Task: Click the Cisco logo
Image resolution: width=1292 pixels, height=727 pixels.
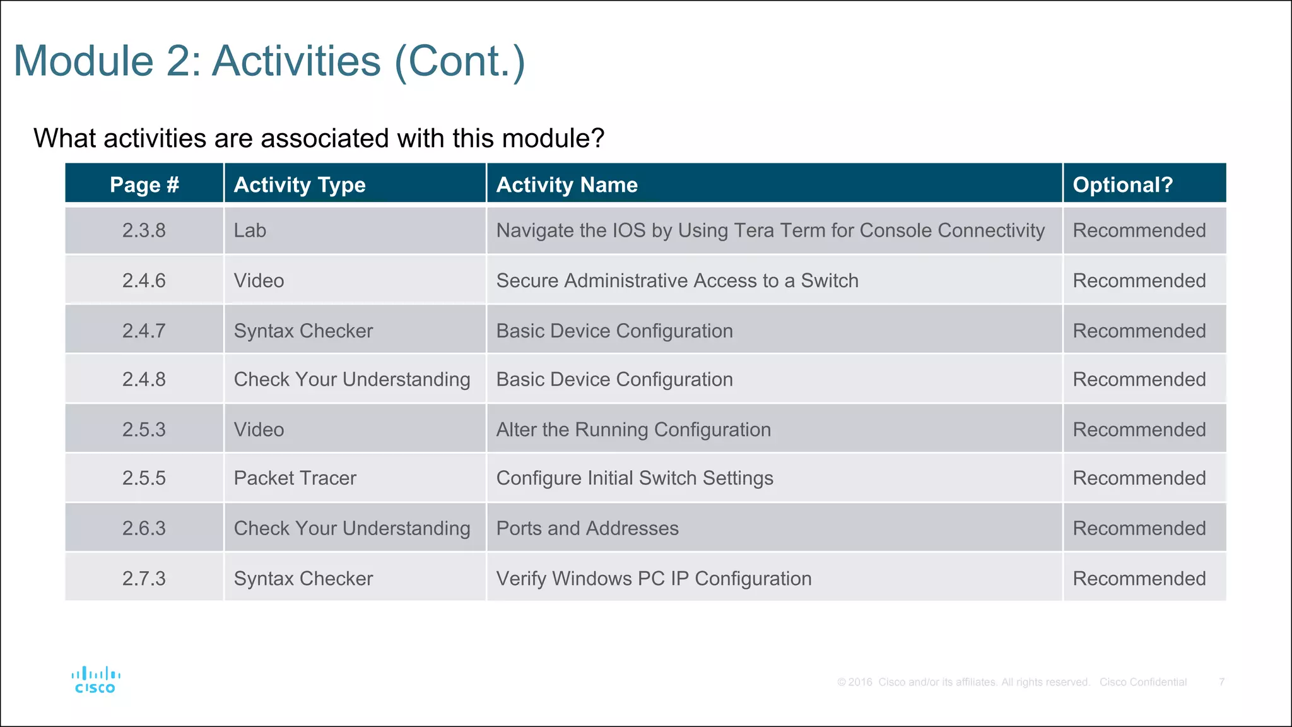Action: (x=95, y=680)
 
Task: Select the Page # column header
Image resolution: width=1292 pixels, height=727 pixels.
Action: (x=144, y=184)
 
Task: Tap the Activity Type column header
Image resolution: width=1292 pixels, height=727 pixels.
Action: (x=300, y=184)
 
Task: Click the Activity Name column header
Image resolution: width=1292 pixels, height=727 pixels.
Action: (x=567, y=184)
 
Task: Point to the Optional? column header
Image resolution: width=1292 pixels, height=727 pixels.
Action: (x=1122, y=184)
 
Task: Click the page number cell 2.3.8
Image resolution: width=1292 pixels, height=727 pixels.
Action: (x=144, y=230)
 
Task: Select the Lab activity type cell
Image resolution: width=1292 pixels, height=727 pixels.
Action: (x=250, y=230)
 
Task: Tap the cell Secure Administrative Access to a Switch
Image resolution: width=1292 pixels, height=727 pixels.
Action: (x=677, y=280)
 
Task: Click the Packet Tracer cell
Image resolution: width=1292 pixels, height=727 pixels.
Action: (x=295, y=478)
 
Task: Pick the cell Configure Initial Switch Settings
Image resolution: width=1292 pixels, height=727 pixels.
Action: (x=635, y=478)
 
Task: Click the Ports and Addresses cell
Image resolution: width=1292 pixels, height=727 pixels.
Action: (x=587, y=528)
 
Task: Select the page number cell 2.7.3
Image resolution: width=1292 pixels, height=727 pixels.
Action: (x=144, y=578)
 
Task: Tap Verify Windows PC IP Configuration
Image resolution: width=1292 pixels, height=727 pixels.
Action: (x=654, y=578)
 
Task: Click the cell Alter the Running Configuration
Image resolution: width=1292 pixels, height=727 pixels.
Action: (x=633, y=429)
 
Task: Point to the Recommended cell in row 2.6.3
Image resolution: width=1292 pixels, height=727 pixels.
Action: (x=1139, y=528)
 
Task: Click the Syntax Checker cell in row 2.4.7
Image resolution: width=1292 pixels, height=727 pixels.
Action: (x=303, y=331)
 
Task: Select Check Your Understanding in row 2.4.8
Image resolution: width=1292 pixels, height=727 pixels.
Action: (x=352, y=379)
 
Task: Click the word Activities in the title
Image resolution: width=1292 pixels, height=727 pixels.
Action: (x=296, y=61)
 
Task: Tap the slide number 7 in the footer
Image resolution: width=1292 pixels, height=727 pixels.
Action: (x=1222, y=682)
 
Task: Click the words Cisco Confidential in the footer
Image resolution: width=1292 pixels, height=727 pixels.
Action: (x=1143, y=682)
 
